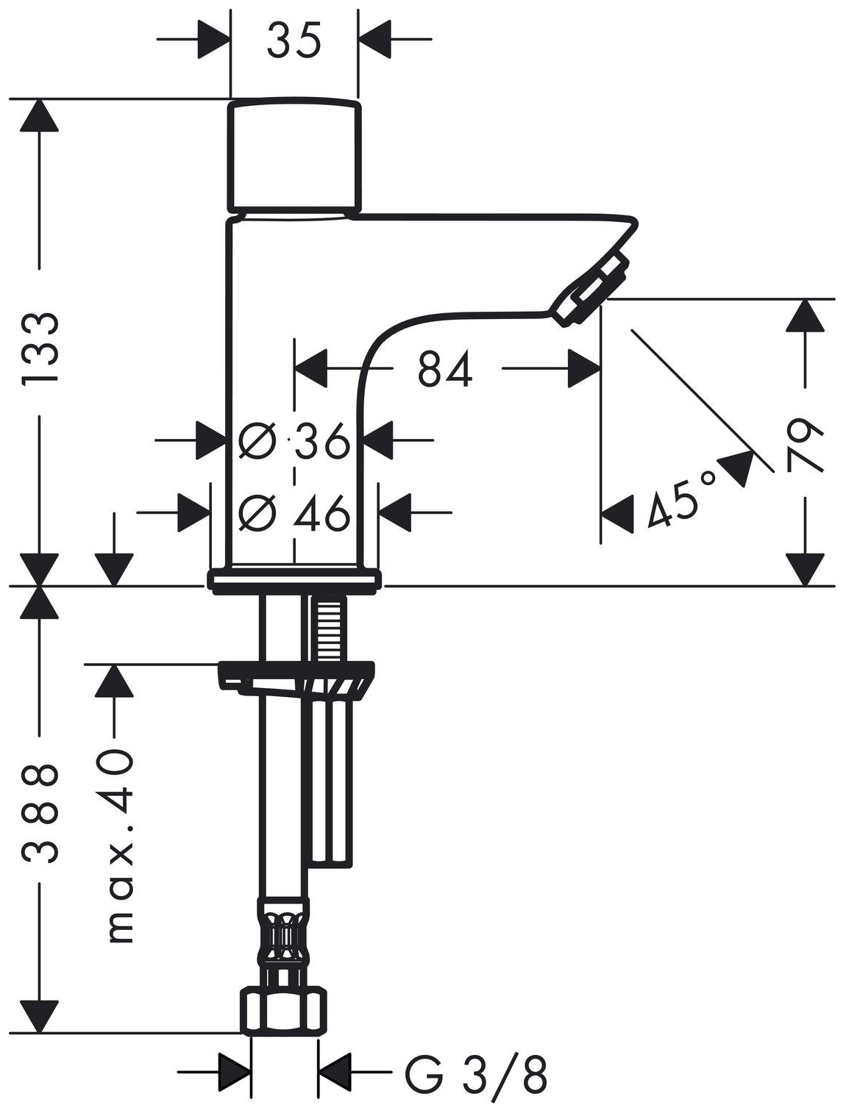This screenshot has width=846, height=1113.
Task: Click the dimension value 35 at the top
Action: tap(294, 39)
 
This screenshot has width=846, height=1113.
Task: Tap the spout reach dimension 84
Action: tap(445, 368)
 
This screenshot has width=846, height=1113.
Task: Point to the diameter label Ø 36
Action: tap(294, 440)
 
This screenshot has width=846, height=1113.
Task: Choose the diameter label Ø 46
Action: tap(294, 512)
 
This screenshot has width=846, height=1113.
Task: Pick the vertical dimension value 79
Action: tap(805, 445)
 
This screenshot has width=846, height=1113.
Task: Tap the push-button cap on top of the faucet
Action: tap(295, 157)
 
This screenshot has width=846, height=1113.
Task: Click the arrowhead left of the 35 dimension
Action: tap(213, 39)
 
